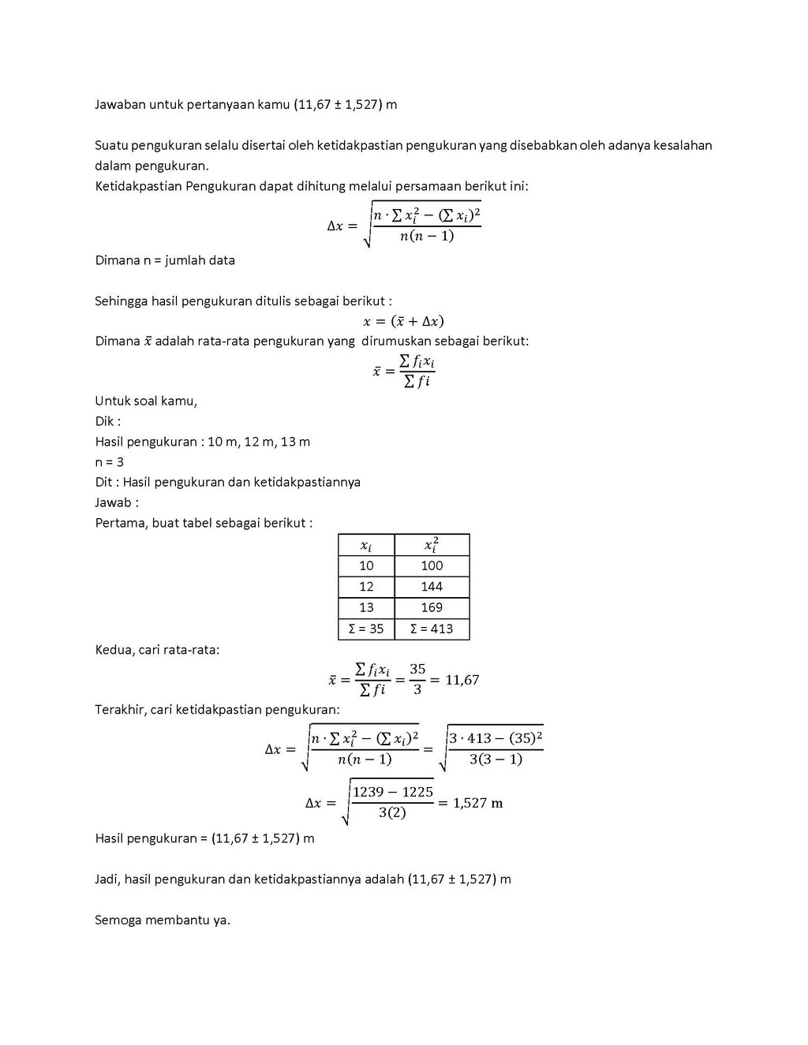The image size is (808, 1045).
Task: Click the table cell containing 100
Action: (x=432, y=565)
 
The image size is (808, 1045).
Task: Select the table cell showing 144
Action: (x=432, y=587)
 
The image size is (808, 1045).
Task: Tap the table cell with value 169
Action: (x=432, y=607)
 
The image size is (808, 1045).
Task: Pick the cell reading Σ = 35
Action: (x=366, y=629)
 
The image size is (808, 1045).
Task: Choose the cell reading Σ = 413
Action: (x=432, y=629)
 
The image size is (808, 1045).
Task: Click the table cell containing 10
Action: (x=366, y=565)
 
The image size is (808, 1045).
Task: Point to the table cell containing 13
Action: (x=366, y=607)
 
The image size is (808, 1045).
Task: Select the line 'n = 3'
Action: (x=110, y=462)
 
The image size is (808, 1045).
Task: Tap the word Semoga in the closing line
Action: (x=118, y=920)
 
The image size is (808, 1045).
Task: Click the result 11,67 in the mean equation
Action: (x=462, y=680)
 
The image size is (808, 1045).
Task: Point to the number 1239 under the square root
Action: (x=367, y=792)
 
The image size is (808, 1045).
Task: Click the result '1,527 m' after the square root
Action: (x=477, y=803)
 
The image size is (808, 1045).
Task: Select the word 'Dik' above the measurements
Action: (x=105, y=421)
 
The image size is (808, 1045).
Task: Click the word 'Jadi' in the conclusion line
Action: (x=107, y=879)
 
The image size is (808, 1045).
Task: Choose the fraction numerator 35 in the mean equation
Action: (x=417, y=669)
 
